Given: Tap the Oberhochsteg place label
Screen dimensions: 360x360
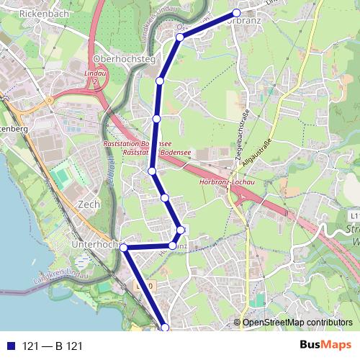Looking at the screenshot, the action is coord(120,59).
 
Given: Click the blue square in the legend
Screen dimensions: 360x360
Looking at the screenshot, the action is coord(11,346).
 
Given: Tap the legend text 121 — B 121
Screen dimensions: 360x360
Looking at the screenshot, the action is coord(53,346).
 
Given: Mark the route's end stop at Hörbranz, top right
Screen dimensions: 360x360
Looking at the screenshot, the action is coord(236,13).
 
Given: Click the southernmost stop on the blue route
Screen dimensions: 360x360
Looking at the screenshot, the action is coord(165,328).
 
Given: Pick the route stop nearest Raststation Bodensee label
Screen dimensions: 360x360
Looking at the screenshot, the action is coord(152,171).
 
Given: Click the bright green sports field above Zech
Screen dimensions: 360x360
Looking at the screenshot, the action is coord(63,177).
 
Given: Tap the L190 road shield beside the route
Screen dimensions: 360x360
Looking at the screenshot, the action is coord(144,286).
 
